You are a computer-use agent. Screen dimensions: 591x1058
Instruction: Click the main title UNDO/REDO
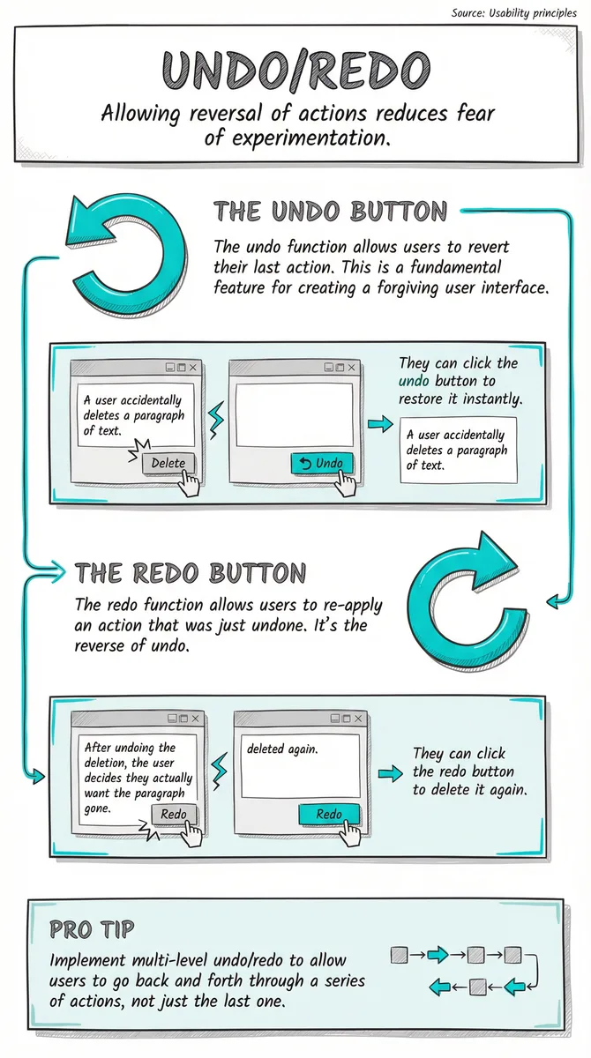click(x=296, y=70)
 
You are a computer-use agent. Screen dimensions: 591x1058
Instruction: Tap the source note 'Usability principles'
click(x=533, y=12)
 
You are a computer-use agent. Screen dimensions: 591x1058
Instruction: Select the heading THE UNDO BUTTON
click(x=330, y=211)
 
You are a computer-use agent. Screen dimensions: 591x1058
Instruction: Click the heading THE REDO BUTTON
click(x=191, y=573)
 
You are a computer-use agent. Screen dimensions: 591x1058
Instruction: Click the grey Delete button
click(x=168, y=463)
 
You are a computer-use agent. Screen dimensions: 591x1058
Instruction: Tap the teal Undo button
click(x=322, y=463)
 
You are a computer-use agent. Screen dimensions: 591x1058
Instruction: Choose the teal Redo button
click(x=329, y=814)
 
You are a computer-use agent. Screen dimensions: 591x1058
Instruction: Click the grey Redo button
click(x=174, y=814)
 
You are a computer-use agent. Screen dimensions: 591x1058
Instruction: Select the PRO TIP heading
click(x=92, y=929)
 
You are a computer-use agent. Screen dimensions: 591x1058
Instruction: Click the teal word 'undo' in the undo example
click(x=414, y=381)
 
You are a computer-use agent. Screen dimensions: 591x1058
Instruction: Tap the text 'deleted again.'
click(x=282, y=749)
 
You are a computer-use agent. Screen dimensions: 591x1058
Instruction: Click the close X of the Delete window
click(x=193, y=367)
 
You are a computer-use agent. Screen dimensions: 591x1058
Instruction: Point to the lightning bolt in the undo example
click(x=216, y=421)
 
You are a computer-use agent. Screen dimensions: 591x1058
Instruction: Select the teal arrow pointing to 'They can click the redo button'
click(x=391, y=773)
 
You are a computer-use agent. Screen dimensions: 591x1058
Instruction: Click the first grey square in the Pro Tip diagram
click(x=400, y=955)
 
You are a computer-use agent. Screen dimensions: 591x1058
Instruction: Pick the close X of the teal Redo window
click(x=358, y=718)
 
